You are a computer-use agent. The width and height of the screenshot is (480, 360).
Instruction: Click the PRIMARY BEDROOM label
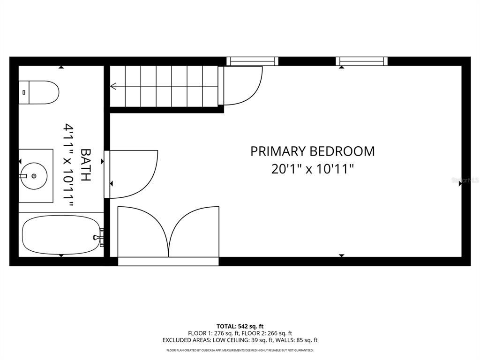coord(312,151)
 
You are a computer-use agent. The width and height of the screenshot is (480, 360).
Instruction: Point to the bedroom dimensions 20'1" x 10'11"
coord(312,169)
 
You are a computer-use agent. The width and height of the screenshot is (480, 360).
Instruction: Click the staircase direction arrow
coord(113,86)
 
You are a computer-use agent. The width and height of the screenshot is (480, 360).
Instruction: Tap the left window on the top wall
coord(252,61)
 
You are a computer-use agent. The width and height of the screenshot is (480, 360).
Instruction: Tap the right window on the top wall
coord(361,61)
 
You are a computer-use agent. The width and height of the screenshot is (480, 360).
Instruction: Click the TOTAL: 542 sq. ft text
coord(240,326)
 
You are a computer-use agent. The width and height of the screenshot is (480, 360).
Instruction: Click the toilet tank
coord(23,92)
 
